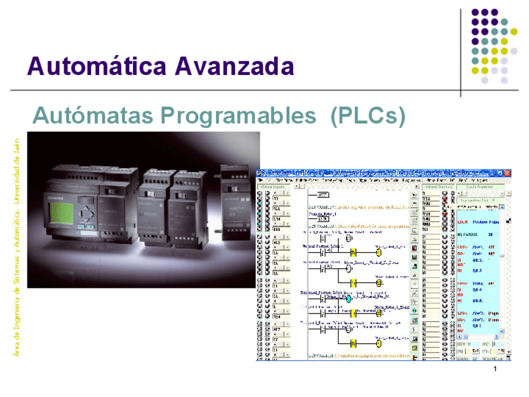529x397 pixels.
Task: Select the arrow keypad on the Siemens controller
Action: coord(87,214)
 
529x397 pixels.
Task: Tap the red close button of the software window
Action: coord(507,173)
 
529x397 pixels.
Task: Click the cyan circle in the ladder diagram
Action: coord(349,299)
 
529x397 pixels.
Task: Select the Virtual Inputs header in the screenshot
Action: coord(274,186)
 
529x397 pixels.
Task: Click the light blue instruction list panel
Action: coord(481,268)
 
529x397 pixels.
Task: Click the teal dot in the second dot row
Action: coord(504,22)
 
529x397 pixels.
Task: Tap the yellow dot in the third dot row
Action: coord(504,41)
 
